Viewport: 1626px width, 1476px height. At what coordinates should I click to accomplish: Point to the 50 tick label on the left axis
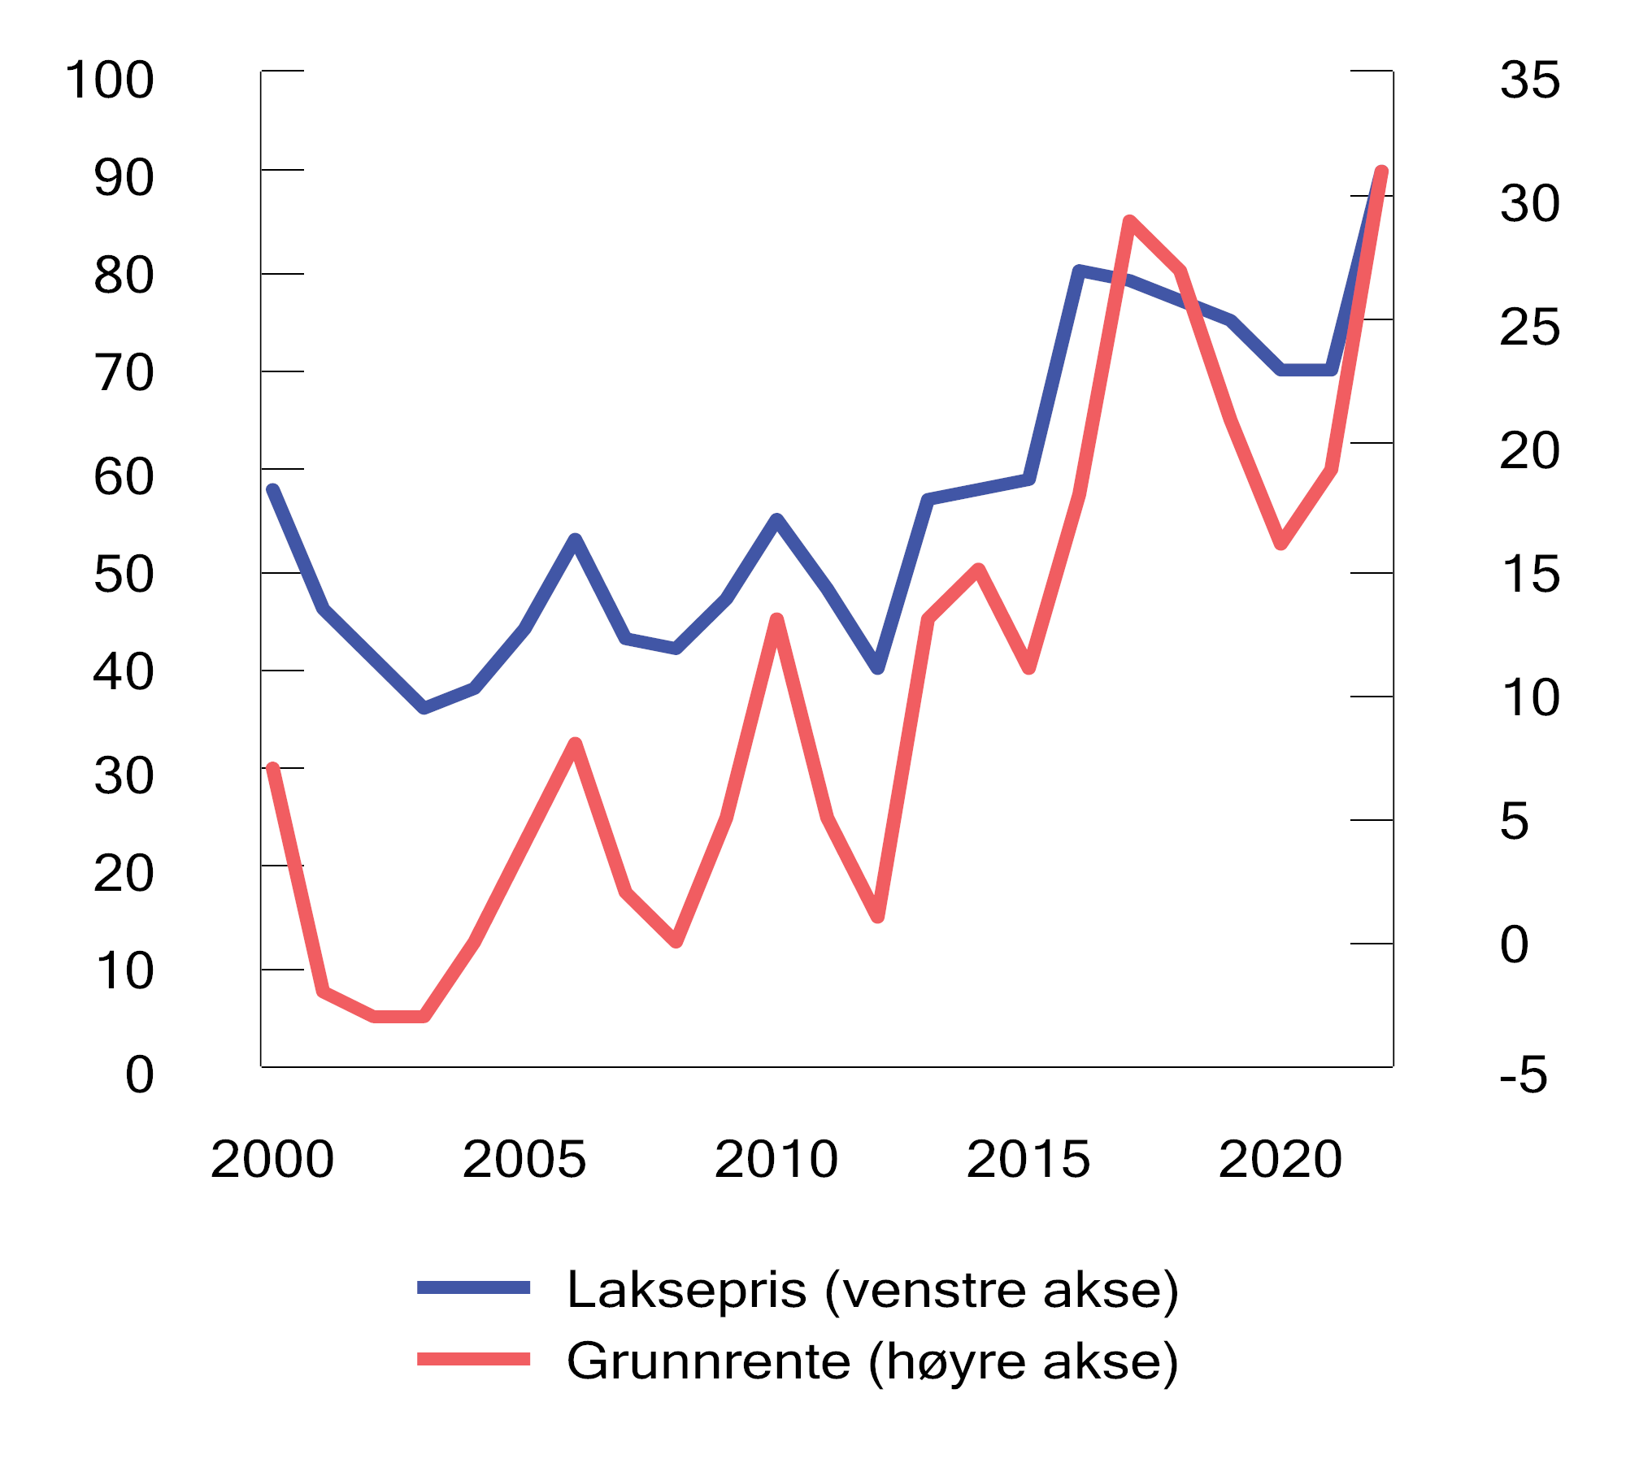click(x=124, y=575)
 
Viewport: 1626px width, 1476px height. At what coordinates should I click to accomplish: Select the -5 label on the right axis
click(x=1523, y=1074)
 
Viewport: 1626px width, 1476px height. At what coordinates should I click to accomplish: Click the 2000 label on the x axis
click(x=272, y=1159)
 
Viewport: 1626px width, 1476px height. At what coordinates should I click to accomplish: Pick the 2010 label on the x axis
click(x=776, y=1159)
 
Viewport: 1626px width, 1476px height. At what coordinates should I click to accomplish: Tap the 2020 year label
click(x=1280, y=1159)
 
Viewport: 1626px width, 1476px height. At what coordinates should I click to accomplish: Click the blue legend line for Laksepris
click(x=473, y=1287)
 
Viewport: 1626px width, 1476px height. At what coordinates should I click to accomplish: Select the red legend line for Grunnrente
click(x=473, y=1359)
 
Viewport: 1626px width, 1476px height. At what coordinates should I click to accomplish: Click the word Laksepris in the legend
click(x=687, y=1290)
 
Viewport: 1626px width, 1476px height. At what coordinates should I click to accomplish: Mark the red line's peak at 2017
click(x=1129, y=221)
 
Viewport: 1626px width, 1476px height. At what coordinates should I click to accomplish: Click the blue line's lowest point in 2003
click(x=424, y=707)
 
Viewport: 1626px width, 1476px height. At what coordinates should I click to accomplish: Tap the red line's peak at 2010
click(x=776, y=619)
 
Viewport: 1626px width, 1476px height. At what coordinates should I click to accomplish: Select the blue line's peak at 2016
click(x=1079, y=271)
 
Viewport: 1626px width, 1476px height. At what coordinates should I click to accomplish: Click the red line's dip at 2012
click(x=878, y=917)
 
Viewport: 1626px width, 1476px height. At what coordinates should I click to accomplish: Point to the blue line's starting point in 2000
click(x=273, y=490)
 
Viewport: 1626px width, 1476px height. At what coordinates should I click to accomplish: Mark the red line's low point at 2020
click(x=1280, y=543)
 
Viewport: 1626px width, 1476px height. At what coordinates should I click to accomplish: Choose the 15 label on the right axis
click(x=1529, y=575)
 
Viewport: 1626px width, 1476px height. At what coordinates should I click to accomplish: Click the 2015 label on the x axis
click(x=1028, y=1159)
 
